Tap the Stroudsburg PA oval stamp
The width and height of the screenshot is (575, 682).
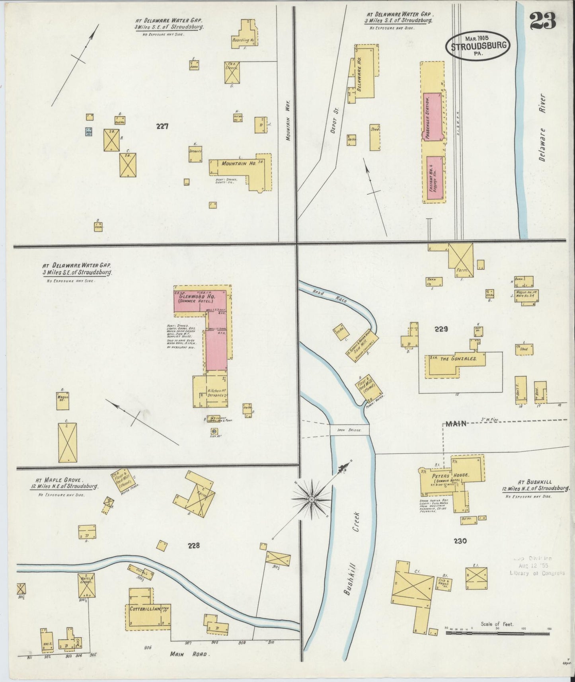479,46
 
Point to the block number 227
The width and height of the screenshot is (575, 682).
162,127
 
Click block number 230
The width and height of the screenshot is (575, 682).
459,541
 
